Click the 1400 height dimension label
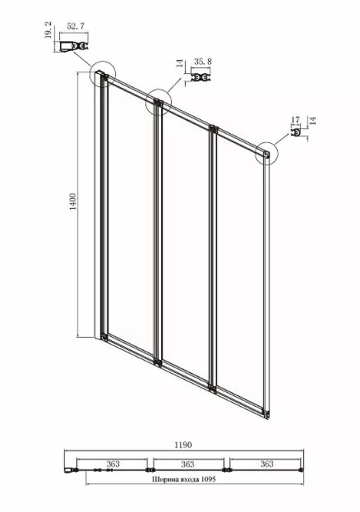[x=73, y=201]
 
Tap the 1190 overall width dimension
[x=183, y=445]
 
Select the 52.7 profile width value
[x=76, y=26]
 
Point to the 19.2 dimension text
[x=48, y=30]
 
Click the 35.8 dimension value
[x=203, y=62]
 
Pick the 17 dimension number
[x=296, y=120]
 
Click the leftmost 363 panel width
[x=113, y=464]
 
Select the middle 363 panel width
[x=188, y=464]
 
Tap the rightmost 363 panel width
[x=267, y=464]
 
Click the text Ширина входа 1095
[x=183, y=479]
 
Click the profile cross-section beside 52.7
[x=74, y=46]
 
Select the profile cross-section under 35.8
[x=201, y=78]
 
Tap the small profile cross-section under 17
[x=296, y=133]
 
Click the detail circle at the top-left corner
[x=90, y=74]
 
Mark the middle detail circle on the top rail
[x=145, y=102]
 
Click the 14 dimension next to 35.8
[x=180, y=63]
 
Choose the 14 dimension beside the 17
[x=312, y=121]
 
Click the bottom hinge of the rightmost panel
[x=266, y=414]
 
